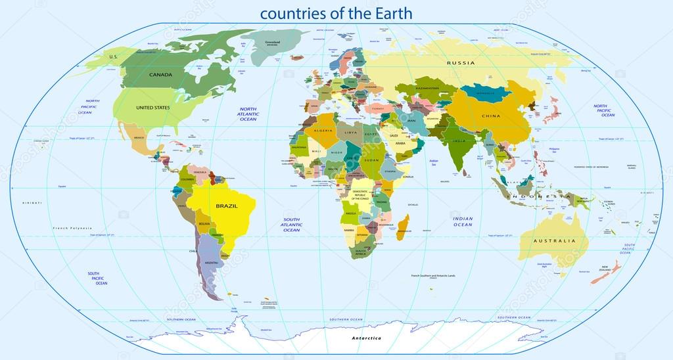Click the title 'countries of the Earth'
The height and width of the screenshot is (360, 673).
click(336, 12)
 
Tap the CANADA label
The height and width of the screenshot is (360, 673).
click(160, 75)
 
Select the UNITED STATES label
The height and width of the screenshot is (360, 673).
click(152, 107)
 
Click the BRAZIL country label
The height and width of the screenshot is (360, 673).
click(226, 206)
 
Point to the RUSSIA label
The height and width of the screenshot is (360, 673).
click(461, 63)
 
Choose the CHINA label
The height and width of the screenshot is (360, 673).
click(490, 116)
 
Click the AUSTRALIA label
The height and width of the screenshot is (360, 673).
click(554, 241)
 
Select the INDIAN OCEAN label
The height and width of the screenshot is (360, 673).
click(463, 221)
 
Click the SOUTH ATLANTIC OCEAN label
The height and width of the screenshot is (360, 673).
click(291, 225)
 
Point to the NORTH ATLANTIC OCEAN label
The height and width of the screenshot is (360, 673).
click(248, 114)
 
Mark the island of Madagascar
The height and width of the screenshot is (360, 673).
click(404, 226)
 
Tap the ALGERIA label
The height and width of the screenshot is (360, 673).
click(307, 131)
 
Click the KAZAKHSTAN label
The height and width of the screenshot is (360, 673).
click(430, 87)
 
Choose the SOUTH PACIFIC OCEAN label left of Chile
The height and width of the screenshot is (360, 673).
click(97, 278)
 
